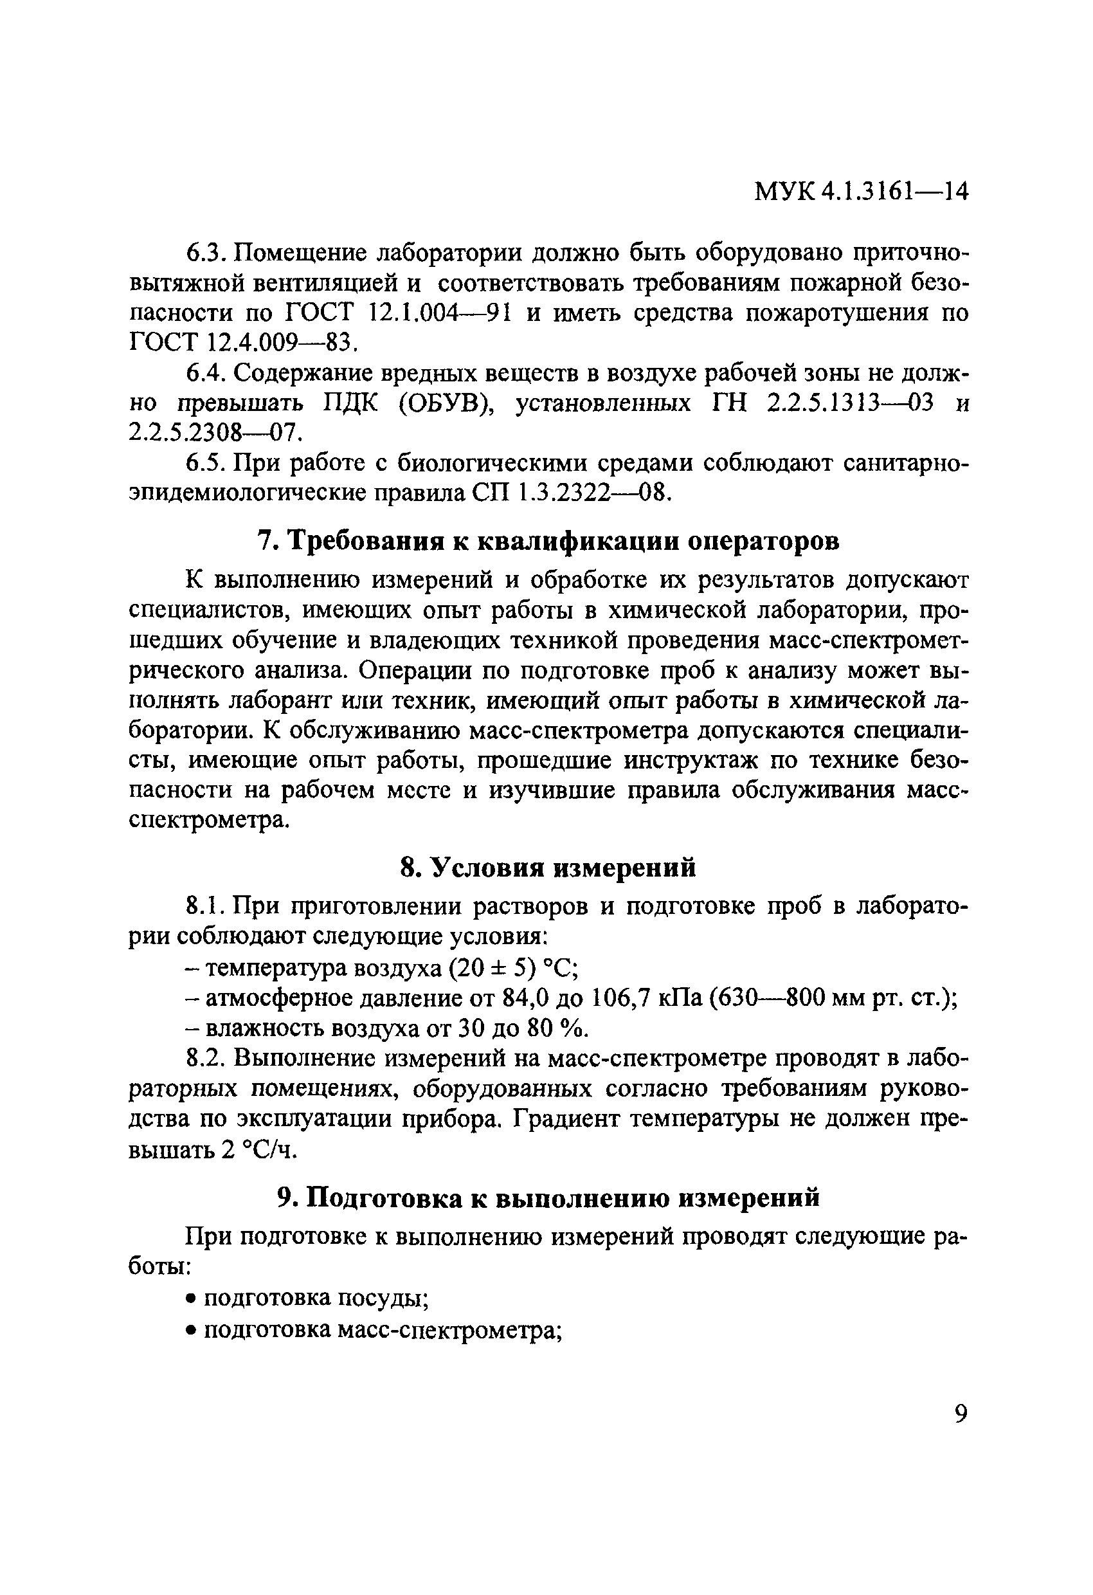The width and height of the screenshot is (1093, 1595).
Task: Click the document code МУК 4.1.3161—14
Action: point(861,192)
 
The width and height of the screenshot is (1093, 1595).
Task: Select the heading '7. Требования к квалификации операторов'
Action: point(548,541)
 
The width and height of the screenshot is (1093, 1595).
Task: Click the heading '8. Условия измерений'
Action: point(548,868)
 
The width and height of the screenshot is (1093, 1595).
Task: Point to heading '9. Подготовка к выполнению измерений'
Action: point(548,1198)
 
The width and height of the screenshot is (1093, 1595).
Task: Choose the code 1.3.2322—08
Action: point(591,493)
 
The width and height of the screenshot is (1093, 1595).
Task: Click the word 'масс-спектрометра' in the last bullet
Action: point(452,1329)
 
